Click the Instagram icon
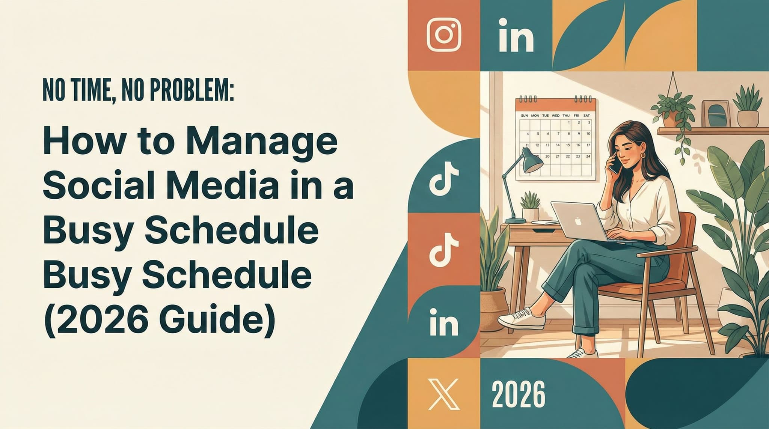coord(444,35)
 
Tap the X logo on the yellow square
coord(443,394)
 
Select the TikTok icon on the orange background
coord(443,248)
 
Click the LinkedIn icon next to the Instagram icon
coord(516,36)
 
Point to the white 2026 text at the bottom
coord(518,394)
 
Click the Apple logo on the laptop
coord(578,221)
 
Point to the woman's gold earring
coord(643,155)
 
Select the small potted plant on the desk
coord(530,206)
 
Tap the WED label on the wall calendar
coord(556,116)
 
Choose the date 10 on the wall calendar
coord(588,134)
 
